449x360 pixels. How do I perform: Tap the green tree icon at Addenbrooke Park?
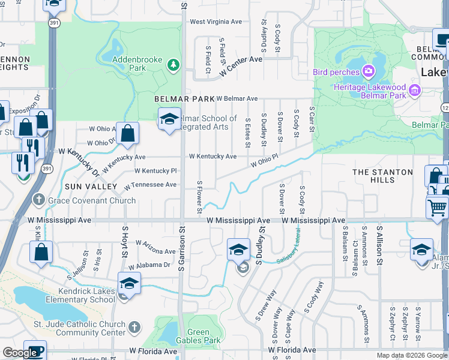click(173, 64)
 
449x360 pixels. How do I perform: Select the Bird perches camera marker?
click(369, 73)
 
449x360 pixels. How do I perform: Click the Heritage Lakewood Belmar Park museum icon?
click(414, 91)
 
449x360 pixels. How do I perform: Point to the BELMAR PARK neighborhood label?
click(184, 98)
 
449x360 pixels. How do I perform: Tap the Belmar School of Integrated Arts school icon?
click(169, 118)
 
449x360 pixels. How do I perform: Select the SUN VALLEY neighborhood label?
click(91, 187)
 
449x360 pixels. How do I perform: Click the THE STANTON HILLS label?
click(382, 176)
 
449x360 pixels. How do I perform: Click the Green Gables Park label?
click(198, 336)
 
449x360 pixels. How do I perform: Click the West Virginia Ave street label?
click(215, 22)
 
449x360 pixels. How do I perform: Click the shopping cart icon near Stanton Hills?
click(437, 208)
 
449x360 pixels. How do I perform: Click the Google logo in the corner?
click(20, 353)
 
